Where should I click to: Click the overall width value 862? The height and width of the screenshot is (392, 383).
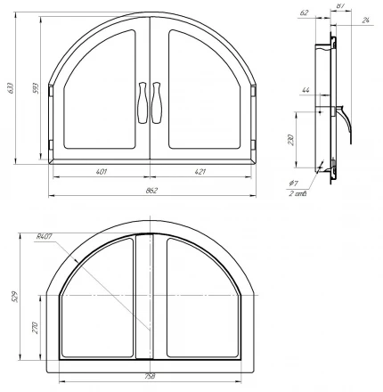154,192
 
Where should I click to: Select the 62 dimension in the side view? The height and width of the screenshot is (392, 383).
305,13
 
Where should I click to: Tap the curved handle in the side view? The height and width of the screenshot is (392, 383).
344,120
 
